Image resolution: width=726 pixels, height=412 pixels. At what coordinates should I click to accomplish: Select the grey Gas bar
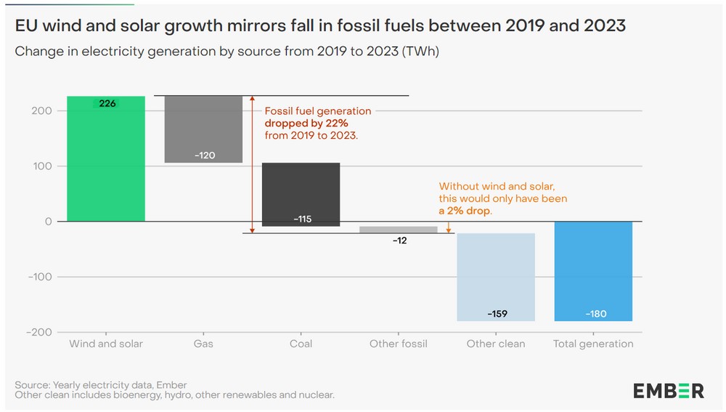203,129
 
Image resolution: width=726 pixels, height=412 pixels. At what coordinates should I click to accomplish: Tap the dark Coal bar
301,194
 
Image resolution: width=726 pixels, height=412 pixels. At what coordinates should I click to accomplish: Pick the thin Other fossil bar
399,230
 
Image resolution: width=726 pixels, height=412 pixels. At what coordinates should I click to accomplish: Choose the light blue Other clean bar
496,276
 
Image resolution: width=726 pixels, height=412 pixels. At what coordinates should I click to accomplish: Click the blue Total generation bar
593,270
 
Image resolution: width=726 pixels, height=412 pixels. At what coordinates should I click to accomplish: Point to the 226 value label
107,104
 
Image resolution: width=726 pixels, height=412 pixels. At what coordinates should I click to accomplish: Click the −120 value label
204,155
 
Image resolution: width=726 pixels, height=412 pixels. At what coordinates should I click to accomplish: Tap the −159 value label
496,314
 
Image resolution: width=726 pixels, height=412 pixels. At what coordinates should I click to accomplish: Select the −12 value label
399,240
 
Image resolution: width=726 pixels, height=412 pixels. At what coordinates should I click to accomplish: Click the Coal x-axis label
301,344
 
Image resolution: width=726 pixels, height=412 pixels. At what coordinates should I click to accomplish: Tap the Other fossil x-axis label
399,344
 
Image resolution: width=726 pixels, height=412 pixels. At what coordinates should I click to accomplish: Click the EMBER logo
669,390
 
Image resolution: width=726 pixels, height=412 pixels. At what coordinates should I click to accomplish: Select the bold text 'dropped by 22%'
306,124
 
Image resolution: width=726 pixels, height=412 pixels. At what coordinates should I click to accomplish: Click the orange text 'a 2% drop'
465,211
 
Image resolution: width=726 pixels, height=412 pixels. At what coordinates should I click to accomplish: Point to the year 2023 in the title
600,26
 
